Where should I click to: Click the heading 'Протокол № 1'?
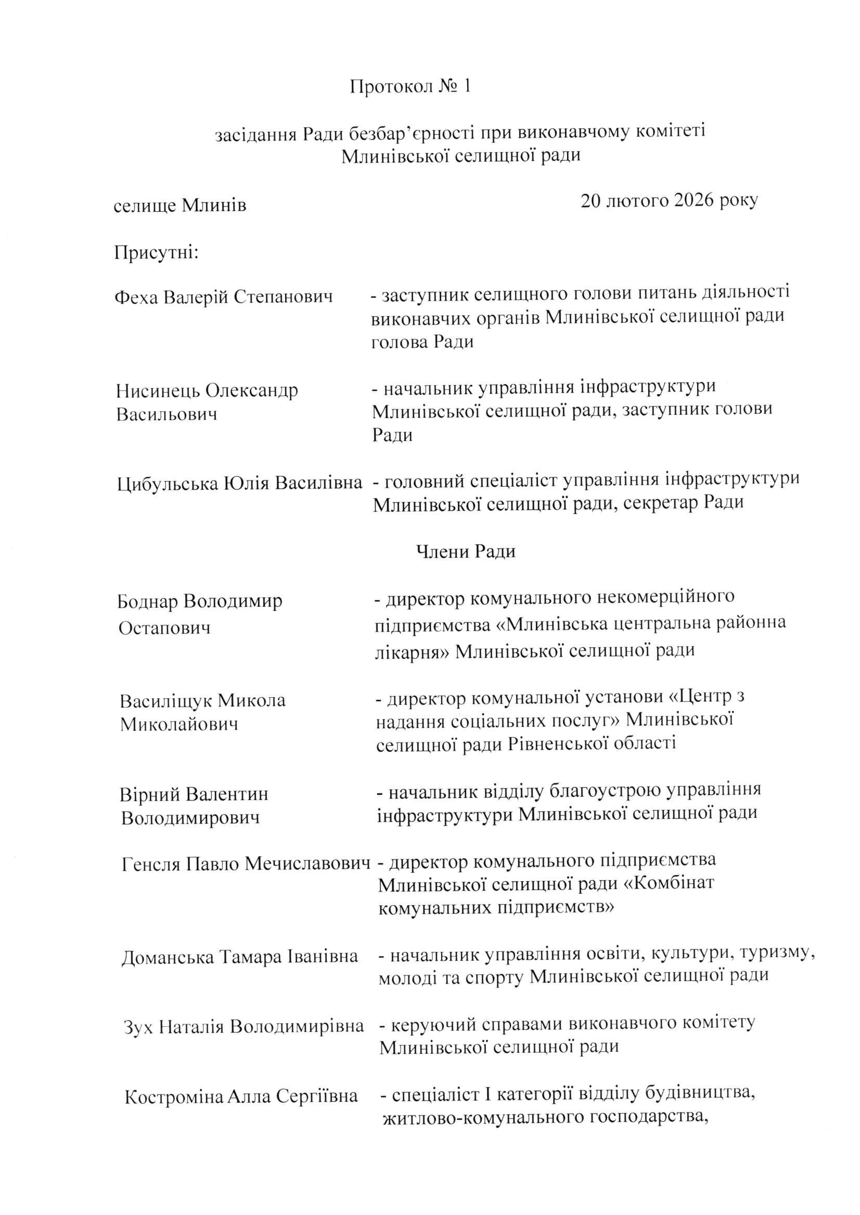[x=410, y=86]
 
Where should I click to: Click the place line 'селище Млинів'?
[x=180, y=205]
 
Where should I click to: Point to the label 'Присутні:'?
[x=156, y=253]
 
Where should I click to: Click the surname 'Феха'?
[x=136, y=297]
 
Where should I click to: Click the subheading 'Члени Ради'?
[x=466, y=552]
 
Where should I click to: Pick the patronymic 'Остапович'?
[x=164, y=628]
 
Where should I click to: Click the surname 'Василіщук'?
[x=166, y=701]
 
